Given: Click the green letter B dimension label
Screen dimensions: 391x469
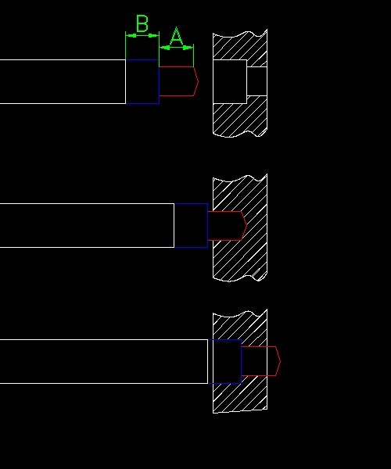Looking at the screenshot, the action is coord(142,23).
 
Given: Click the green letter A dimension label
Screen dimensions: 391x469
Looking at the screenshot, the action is coord(176,36).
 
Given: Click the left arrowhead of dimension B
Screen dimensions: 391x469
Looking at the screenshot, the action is coord(129,36).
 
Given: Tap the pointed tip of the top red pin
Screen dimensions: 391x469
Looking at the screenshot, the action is coord(199,81).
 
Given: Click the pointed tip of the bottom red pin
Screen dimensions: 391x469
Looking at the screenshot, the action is coord(281,361).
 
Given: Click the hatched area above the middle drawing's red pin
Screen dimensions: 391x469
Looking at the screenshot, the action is coord(239,193).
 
